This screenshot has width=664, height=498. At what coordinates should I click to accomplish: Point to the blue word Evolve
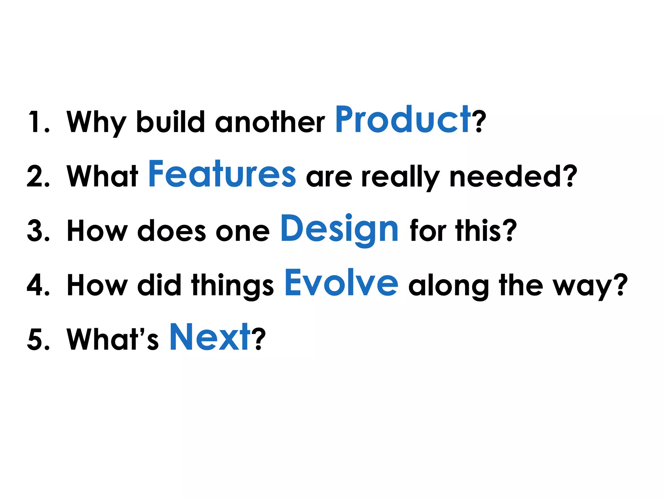341,283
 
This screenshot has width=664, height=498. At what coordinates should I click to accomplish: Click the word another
270,122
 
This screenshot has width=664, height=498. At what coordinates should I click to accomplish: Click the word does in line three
172,231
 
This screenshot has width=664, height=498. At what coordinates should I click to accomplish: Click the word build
171,122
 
